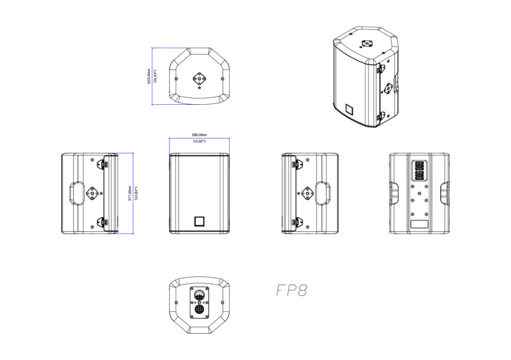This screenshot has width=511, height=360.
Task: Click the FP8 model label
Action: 291,291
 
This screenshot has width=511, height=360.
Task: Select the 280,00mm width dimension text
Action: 199,134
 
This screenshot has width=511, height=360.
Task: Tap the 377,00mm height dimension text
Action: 130,193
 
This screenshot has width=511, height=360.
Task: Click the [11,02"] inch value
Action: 199,141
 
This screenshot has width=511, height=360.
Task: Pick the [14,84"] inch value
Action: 136,193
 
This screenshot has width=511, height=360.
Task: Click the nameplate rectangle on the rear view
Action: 419,224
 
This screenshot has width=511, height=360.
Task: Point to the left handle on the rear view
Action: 393,193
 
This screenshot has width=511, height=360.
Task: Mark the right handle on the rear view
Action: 445,193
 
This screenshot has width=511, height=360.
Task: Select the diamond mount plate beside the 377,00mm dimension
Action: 93,193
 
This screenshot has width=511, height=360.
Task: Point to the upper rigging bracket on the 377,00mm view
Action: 106,165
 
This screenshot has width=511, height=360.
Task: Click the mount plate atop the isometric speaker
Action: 368,43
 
